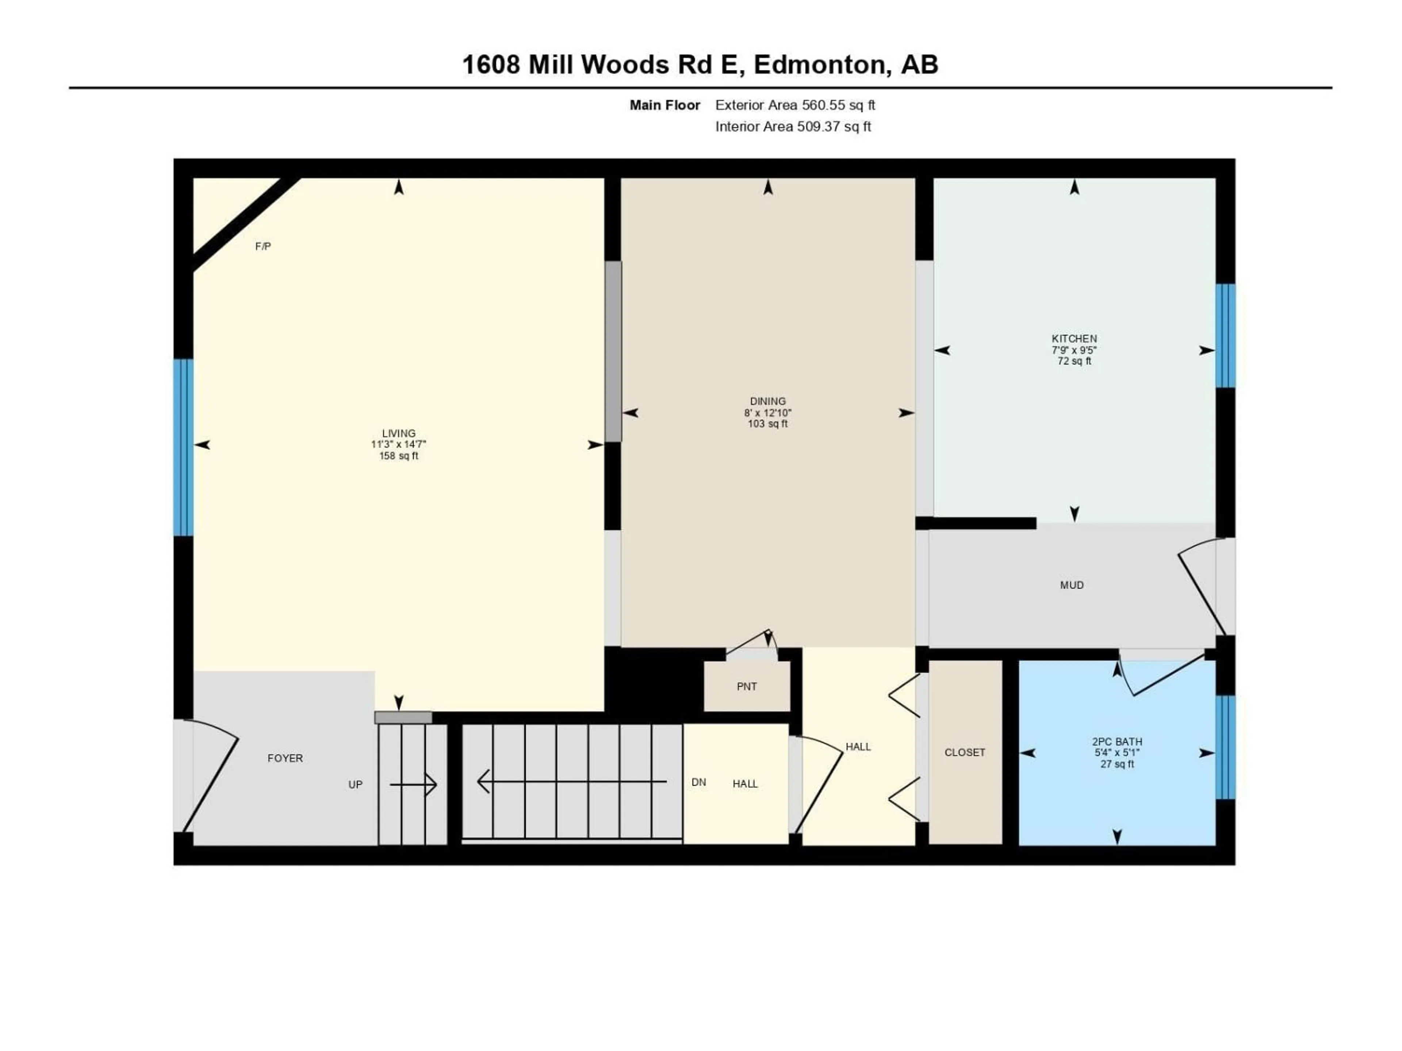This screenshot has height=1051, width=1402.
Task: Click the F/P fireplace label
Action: pos(263,246)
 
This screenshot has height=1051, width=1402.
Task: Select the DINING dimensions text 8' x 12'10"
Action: pos(767,412)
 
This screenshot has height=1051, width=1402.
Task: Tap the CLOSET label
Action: pos(965,752)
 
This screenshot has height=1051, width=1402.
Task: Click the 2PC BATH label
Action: pos(1117,741)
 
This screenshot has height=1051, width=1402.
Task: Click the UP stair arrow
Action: pos(413,785)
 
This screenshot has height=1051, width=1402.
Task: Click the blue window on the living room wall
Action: pos(183,447)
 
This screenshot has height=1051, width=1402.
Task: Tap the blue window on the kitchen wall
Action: pos(1225,336)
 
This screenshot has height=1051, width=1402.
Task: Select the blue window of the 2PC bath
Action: pos(1225,747)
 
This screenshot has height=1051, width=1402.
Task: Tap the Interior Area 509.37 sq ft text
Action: pos(793,127)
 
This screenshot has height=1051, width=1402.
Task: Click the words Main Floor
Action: pos(665,105)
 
